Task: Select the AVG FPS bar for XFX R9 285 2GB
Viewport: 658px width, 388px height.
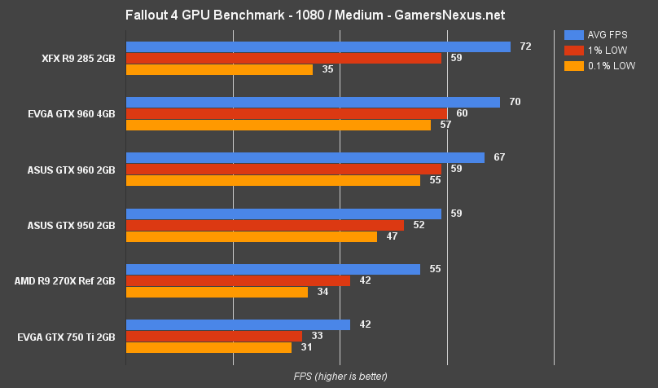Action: pos(318,47)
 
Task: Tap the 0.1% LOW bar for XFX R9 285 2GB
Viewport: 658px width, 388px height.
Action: pos(219,70)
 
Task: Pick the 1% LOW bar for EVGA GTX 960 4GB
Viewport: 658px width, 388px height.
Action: pos(286,113)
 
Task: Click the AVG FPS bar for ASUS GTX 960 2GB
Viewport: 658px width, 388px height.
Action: pos(305,158)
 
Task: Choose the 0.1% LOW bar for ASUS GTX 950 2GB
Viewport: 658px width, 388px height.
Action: pos(251,236)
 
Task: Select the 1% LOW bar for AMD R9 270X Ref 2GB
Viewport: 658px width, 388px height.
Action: pos(238,280)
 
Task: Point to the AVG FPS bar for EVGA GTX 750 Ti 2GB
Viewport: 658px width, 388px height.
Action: pos(238,324)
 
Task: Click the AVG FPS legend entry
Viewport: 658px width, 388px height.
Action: pos(599,35)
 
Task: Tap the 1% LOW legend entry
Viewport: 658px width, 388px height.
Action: pos(598,51)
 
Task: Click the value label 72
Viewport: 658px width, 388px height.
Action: pos(525,47)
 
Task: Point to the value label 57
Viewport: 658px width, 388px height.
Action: pos(445,125)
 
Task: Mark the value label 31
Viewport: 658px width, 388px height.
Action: pos(306,347)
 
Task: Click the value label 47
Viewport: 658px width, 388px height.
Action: pos(392,236)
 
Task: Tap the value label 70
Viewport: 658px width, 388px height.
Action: pos(514,102)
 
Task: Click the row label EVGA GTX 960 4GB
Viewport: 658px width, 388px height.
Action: pos(71,114)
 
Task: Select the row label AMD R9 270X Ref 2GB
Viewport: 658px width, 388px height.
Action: pos(64,280)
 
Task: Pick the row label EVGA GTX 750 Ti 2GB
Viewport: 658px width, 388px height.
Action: pos(66,336)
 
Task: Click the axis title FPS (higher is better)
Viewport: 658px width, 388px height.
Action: pos(340,376)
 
